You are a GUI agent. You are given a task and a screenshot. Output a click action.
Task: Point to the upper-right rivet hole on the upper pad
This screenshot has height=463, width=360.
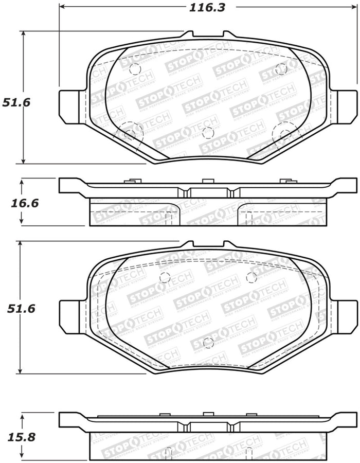(x=281, y=68)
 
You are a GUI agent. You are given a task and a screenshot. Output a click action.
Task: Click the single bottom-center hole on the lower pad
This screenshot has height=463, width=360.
(x=208, y=343)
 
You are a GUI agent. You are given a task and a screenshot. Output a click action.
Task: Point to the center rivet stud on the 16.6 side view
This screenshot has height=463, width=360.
(x=207, y=181)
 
